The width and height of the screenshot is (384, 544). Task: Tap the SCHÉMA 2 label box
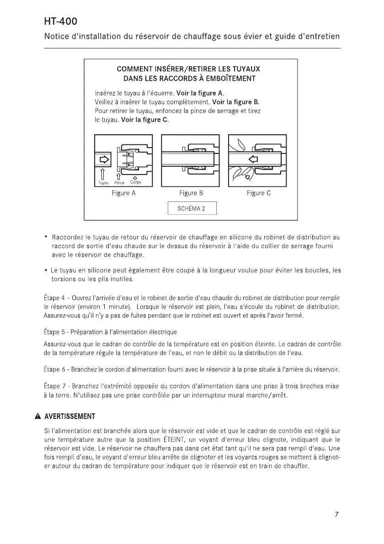click(191, 209)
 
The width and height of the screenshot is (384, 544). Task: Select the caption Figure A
click(123, 193)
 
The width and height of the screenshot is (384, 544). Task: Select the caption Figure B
click(191, 193)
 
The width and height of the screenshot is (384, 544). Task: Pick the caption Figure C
click(259, 193)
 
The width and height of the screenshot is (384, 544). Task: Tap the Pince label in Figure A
click(119, 183)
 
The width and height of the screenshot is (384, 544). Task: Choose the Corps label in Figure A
click(135, 183)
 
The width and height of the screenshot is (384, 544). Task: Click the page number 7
click(336, 514)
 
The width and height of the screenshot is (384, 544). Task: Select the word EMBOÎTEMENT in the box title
click(227, 79)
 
